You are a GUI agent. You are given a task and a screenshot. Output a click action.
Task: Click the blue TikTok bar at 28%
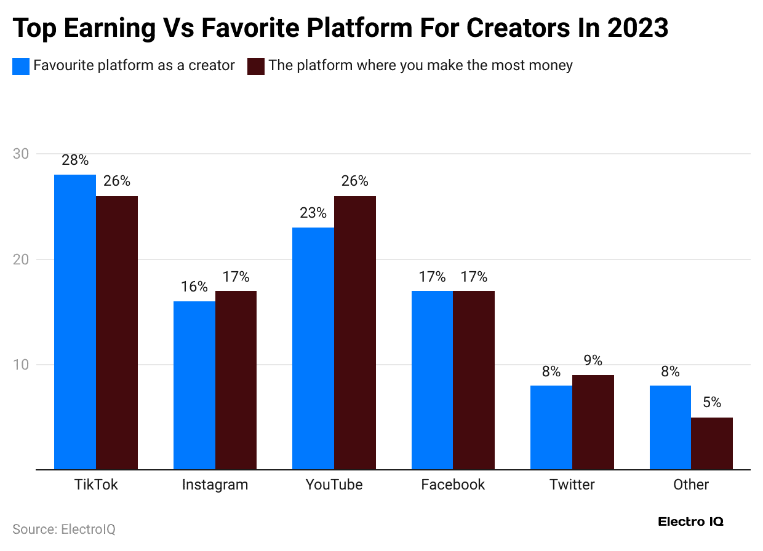pos(75,322)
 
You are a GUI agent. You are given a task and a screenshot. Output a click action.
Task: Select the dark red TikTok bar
pos(117,333)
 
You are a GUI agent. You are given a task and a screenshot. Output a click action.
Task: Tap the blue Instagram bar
pos(194,386)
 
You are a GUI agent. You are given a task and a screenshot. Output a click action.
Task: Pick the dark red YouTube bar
pos(355,333)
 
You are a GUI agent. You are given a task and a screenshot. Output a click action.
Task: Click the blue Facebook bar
pos(432,380)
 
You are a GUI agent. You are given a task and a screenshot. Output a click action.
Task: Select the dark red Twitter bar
pos(593,422)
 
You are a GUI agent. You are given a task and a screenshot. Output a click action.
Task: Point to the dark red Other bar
pos(712,443)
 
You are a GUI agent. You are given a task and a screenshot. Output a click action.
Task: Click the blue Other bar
pos(670,427)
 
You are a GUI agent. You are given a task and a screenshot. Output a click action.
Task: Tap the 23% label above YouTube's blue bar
pos(313,213)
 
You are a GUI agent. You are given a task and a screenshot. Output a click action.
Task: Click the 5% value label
pos(712,403)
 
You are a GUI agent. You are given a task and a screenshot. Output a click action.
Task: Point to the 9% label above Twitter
pos(593,360)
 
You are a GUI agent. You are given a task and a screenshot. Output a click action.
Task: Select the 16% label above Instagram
pos(194,287)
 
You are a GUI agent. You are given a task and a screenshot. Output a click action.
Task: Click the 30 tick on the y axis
pos(21,154)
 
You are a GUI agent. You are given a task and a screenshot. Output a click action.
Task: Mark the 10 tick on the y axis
pos(21,365)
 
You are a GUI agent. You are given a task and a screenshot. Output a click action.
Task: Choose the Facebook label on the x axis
pos(453,485)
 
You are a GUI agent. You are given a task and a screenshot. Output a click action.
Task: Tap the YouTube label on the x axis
pos(334,485)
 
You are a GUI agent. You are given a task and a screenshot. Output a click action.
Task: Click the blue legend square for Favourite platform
pos(21,66)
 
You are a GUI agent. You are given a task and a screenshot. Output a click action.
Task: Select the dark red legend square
pos(255,66)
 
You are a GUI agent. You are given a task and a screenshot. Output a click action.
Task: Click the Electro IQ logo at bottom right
pos(691,521)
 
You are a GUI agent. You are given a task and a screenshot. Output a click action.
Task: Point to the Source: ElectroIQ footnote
pos(64,529)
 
